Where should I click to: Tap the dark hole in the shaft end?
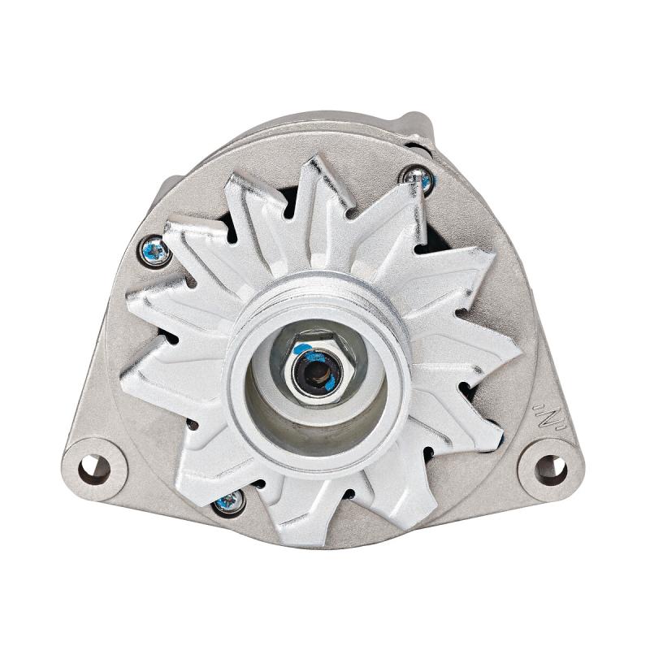[x=318, y=373]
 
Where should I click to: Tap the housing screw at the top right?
[x=420, y=178]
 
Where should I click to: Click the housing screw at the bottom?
[x=229, y=501]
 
